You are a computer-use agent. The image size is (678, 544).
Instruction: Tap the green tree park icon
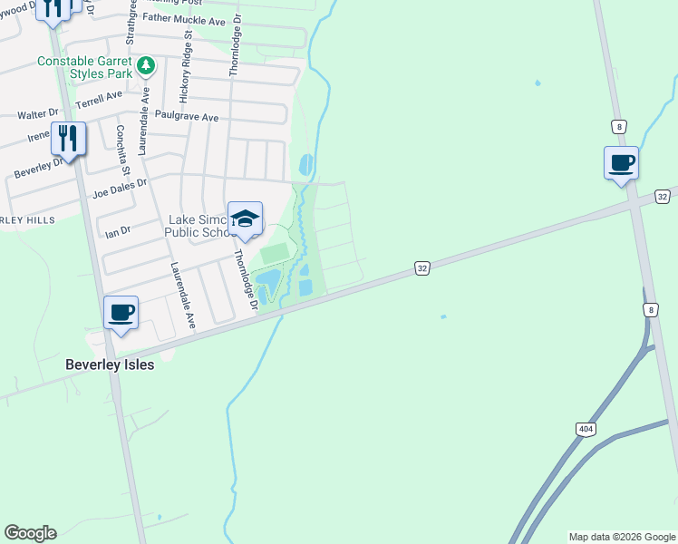[145, 66]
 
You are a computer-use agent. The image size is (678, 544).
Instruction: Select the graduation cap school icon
[245, 219]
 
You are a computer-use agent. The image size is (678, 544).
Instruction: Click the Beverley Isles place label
[110, 364]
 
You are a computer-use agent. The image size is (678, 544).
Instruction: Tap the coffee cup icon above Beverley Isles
[121, 314]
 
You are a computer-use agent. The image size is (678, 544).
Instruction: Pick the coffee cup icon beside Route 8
[621, 164]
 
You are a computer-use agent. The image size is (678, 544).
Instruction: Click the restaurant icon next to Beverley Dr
[68, 139]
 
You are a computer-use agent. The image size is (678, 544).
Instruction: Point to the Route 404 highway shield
[585, 428]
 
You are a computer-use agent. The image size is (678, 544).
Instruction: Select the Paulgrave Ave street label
[187, 117]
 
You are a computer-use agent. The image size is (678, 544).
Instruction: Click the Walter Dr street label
[38, 115]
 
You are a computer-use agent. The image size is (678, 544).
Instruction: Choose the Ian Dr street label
[119, 230]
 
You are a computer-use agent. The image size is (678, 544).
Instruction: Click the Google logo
[30, 533]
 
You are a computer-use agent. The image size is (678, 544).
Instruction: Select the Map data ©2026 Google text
[622, 537]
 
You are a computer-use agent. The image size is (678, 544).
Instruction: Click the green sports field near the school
[274, 254]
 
